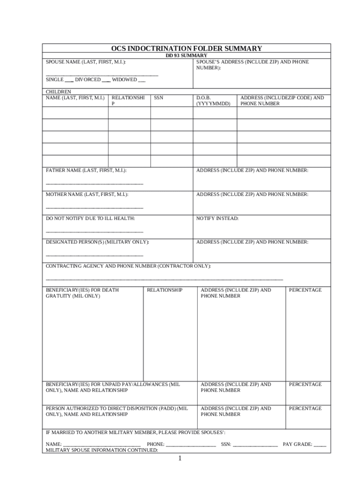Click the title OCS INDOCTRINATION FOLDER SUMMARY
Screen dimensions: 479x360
[x=186, y=49]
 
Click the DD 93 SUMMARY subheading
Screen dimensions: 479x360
[x=187, y=56]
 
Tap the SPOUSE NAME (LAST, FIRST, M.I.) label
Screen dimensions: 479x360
[x=85, y=62]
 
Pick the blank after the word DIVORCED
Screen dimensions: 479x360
[x=106, y=80]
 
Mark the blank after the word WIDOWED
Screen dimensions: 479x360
[x=142, y=80]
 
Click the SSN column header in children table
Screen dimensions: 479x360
[x=158, y=98]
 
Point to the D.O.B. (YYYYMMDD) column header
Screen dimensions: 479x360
[x=213, y=101]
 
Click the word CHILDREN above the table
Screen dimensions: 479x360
[x=58, y=92]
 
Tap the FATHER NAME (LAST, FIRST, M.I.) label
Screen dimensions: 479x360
[x=86, y=170]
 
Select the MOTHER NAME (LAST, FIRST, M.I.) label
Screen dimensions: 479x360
[x=87, y=194]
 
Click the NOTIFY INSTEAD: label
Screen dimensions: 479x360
[x=217, y=218]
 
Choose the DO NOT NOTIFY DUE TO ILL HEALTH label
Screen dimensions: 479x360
[x=90, y=218]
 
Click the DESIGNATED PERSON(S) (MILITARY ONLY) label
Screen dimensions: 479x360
[x=97, y=242]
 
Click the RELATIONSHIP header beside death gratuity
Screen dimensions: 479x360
[x=165, y=290]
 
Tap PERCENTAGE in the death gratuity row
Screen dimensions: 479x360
[x=305, y=290]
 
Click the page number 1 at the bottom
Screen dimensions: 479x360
[x=180, y=459]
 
